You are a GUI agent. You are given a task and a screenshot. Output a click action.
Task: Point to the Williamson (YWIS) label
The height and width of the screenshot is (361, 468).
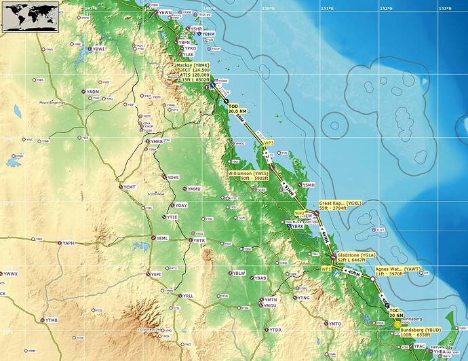point(249,176)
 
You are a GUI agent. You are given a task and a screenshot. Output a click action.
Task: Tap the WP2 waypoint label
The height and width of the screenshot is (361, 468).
point(299,214)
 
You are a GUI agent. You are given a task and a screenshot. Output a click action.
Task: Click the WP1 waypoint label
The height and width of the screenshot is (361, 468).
point(326,269)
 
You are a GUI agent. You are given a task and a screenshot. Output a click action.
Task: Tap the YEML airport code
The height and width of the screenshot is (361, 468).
point(163,238)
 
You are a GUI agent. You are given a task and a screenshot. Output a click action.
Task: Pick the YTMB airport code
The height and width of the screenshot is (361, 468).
point(52,320)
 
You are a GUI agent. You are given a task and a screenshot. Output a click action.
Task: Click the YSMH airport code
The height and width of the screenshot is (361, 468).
point(309,185)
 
